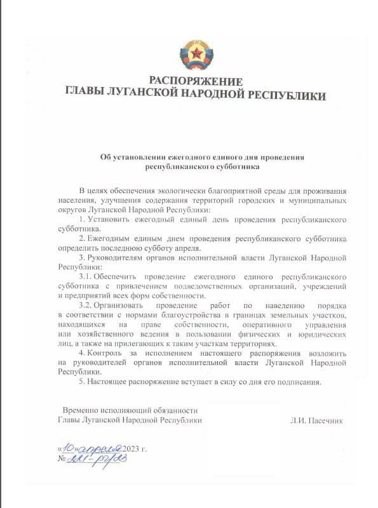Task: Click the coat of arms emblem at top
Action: coord(196,57)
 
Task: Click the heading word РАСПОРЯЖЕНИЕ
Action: coord(196,81)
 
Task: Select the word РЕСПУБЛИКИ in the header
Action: coord(287,96)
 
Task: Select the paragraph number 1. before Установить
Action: coord(82,218)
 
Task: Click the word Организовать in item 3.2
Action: coord(121,305)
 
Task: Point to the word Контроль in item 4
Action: coord(105,352)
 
